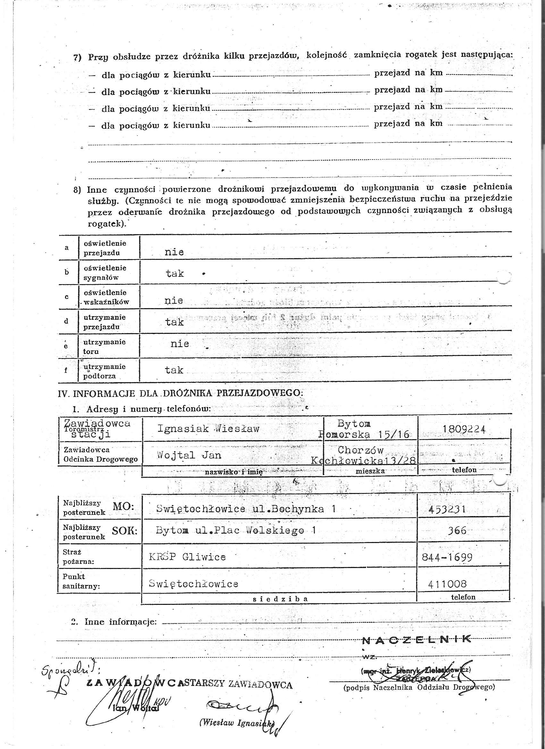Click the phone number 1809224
(x=464, y=429)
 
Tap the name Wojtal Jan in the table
(x=189, y=455)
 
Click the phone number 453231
(x=447, y=509)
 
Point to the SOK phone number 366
(x=457, y=531)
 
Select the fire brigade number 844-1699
(x=447, y=557)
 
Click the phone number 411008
(x=447, y=584)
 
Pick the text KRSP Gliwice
(x=187, y=557)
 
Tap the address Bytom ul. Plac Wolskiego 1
(x=236, y=531)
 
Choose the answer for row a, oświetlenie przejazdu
(x=174, y=252)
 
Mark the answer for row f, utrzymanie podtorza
(x=174, y=370)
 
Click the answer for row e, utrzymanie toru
(x=180, y=344)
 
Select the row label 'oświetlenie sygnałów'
(x=105, y=272)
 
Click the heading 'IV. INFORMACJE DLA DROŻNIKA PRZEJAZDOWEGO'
(x=180, y=393)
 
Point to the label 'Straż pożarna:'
(x=78, y=557)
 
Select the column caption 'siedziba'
(x=280, y=599)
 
